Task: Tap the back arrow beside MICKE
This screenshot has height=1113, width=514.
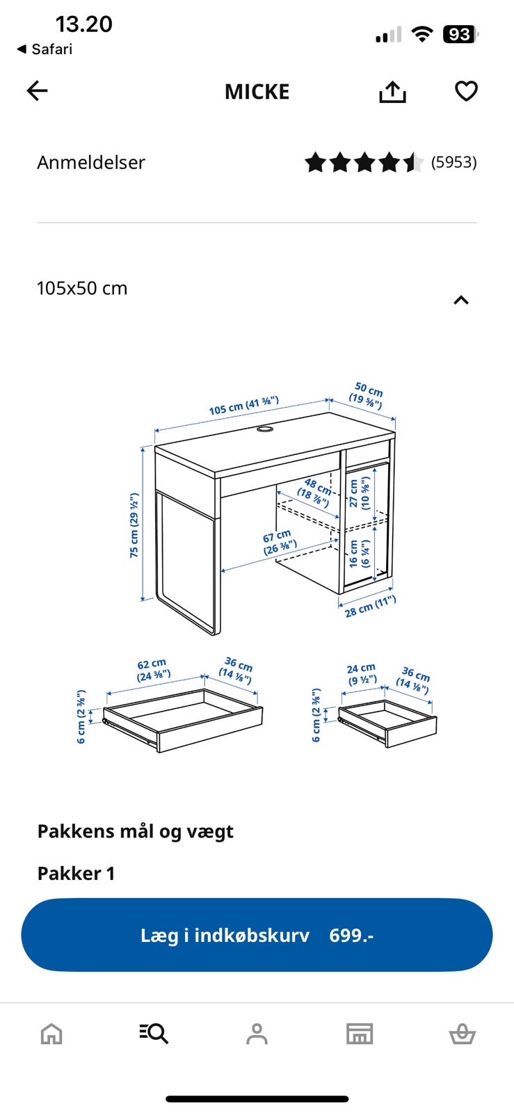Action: coord(38,91)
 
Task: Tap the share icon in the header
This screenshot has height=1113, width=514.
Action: coord(392,91)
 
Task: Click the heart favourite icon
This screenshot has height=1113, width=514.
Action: coord(466,91)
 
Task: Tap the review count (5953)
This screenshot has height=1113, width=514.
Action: coord(454,163)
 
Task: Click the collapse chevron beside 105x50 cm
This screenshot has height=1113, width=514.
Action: coord(461,300)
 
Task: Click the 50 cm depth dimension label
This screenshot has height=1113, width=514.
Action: coord(367,395)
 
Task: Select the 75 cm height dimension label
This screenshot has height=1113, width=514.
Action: coord(134,525)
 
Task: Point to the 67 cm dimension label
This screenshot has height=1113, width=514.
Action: coord(279,543)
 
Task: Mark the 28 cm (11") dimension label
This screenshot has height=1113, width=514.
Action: coord(371,606)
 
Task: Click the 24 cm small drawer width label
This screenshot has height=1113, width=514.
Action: coord(362,674)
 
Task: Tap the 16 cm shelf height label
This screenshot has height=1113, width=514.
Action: coord(359,554)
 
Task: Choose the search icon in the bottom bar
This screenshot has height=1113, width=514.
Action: coord(154,1034)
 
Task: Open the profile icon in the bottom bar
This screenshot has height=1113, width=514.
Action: coord(257,1034)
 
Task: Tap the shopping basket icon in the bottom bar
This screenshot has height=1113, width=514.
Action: coord(463,1034)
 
